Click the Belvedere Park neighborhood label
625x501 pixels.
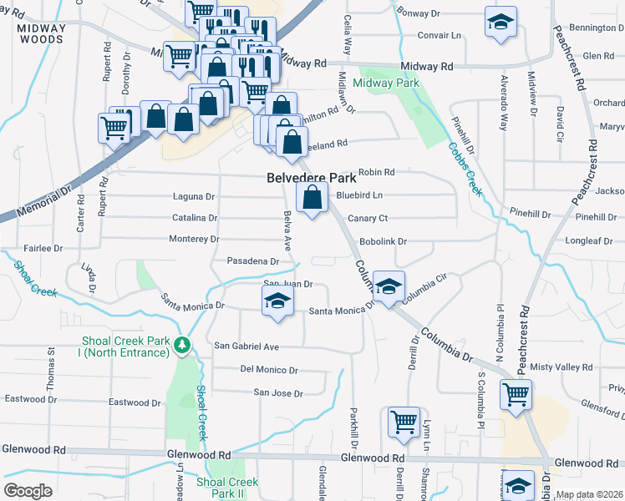point(312,178)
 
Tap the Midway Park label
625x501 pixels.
point(385,83)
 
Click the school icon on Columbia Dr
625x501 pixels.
point(389,287)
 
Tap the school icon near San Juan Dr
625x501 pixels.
point(277,302)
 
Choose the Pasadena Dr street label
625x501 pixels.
point(253,261)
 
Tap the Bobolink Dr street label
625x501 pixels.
point(383,241)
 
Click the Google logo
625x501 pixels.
point(28,491)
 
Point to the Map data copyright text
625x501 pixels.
point(589,494)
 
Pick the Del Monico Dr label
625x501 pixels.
point(268,370)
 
